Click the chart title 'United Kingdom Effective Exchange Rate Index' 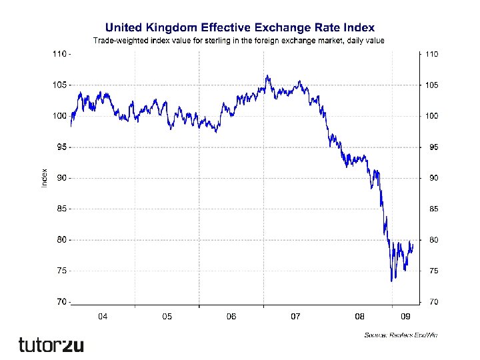(240, 28)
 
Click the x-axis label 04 (103, 316)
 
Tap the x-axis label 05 (167, 316)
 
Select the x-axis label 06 (231, 316)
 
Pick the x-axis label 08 (359, 316)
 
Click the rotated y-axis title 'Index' (45, 177)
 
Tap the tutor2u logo (51, 345)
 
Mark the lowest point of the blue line (391, 281)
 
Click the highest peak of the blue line (267, 75)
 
